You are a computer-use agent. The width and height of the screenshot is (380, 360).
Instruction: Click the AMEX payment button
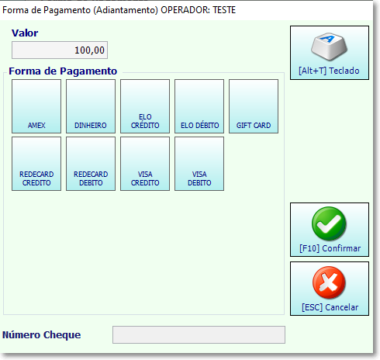pyautogui.click(x=36, y=106)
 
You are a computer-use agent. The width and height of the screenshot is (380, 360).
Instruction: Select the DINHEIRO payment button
pyautogui.click(x=91, y=106)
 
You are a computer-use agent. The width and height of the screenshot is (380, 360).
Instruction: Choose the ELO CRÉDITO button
pyautogui.click(x=145, y=106)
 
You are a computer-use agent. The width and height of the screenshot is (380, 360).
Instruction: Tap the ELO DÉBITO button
pyautogui.click(x=199, y=106)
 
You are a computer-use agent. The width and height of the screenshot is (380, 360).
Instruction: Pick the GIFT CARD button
pyautogui.click(x=254, y=106)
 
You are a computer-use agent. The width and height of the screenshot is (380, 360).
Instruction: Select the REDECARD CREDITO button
pyautogui.click(x=36, y=164)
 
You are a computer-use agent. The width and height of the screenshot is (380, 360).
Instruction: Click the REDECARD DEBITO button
pyautogui.click(x=91, y=164)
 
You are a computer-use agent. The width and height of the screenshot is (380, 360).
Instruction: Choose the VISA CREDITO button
pyautogui.click(x=145, y=164)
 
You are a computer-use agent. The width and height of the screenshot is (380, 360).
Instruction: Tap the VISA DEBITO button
pyautogui.click(x=199, y=164)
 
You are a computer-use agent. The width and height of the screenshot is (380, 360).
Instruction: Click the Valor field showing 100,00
pyautogui.click(x=60, y=50)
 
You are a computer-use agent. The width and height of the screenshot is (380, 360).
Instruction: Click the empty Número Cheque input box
pyautogui.click(x=199, y=334)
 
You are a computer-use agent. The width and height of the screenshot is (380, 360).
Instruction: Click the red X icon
pyautogui.click(x=329, y=282)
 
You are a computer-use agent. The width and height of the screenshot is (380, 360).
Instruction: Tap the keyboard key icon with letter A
pyautogui.click(x=329, y=47)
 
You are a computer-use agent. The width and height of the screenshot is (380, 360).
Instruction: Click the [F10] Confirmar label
pyautogui.click(x=330, y=248)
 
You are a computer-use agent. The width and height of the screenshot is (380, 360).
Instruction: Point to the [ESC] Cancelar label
pyautogui.click(x=330, y=307)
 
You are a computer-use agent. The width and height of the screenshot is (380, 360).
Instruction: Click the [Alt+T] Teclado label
pyautogui.click(x=329, y=71)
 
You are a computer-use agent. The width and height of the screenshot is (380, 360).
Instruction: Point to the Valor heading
pyautogui.click(x=25, y=33)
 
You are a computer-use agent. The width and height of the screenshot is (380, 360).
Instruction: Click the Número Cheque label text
pyautogui.click(x=42, y=334)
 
